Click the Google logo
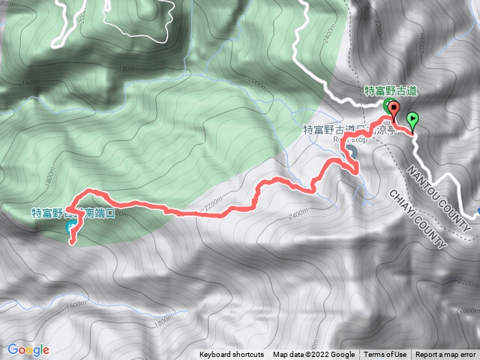coord(28,349)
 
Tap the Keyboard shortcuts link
coord(232,355)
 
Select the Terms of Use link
coord(385,355)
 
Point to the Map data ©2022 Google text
coord(313,355)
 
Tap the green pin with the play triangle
coord(412,119)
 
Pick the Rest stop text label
coord(351,139)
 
